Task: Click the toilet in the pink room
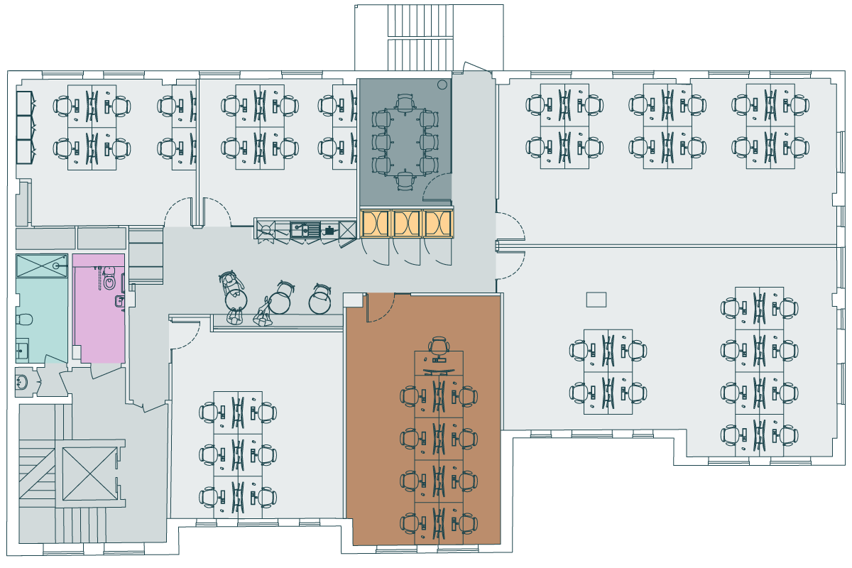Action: click(x=109, y=283)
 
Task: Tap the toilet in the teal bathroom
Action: click(x=22, y=317)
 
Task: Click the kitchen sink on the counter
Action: click(x=305, y=229)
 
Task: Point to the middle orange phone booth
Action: click(x=407, y=224)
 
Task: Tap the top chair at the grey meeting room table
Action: click(x=405, y=104)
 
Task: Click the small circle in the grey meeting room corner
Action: click(x=442, y=84)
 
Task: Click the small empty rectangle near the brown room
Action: click(x=596, y=300)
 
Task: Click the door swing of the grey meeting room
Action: click(x=439, y=186)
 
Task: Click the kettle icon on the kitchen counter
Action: click(x=329, y=229)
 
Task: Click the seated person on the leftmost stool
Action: click(x=232, y=285)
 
